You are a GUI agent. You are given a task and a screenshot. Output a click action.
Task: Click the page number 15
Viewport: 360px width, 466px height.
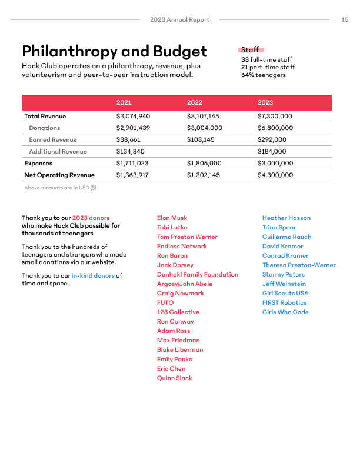pos(345,19)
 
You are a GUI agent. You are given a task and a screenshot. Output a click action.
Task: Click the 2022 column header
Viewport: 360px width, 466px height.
pos(194,102)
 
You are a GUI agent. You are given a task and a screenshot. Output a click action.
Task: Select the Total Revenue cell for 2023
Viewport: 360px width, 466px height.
pos(275,116)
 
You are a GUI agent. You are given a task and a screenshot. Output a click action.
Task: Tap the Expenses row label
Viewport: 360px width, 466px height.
pos(38,163)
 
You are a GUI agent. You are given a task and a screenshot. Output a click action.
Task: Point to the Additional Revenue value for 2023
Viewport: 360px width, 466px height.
pos(271,151)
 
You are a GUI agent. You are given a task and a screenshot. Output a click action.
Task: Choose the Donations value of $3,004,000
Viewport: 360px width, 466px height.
pos(204,128)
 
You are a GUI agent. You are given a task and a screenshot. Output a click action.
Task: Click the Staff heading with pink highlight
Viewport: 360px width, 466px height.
pos(251,51)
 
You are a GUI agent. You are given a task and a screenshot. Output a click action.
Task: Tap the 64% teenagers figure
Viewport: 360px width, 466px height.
pos(263,75)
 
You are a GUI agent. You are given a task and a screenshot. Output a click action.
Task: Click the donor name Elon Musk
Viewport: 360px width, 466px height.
pos(172,218)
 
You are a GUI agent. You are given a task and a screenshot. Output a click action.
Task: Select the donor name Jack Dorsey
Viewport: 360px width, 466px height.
pos(175,265)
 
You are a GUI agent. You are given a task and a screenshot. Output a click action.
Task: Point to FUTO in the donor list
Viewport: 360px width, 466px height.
pos(165,302)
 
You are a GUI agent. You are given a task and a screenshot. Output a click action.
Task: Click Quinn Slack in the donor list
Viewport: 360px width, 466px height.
pos(174,378)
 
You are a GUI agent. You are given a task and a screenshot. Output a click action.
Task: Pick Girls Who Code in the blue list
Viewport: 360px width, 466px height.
pos(285,312)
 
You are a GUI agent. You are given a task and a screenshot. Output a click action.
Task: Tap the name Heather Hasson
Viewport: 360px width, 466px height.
pos(286,218)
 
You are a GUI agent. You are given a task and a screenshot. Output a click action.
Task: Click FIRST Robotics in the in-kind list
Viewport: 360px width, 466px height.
pos(284,302)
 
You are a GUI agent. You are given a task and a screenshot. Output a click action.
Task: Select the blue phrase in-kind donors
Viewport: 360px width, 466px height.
pos(93,275)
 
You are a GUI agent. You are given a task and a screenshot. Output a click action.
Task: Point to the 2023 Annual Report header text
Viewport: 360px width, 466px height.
pos(179,19)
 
